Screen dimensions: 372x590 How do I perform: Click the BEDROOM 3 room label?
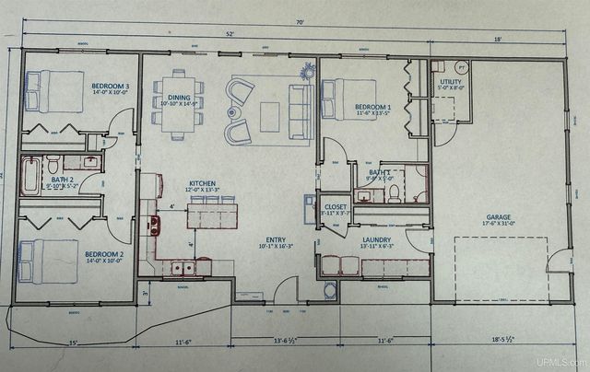click(109, 87)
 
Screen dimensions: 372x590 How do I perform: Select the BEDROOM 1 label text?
click(375, 106)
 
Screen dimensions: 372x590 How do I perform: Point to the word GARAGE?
click(497, 219)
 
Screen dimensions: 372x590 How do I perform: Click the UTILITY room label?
click(452, 82)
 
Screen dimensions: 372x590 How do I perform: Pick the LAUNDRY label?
click(376, 240)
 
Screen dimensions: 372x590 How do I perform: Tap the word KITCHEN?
click(202, 183)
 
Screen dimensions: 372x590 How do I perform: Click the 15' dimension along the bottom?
click(73, 342)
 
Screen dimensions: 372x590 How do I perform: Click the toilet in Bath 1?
click(394, 192)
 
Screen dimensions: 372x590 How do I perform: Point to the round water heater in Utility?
click(463, 68)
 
